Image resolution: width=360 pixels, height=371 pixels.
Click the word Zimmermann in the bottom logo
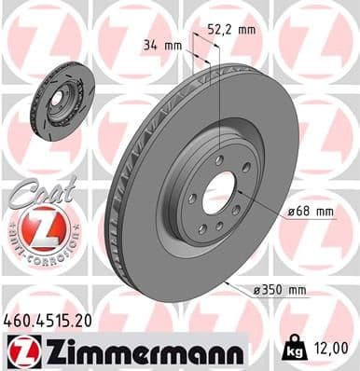pos(140,350)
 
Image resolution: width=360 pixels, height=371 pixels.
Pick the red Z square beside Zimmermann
pos(21,350)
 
